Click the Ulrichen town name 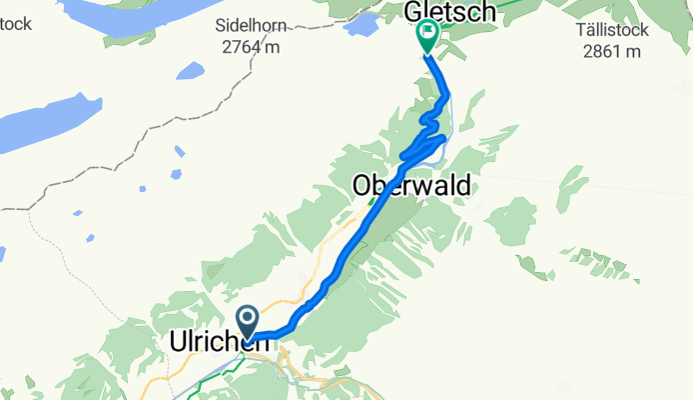coord(212,343)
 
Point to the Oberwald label coord(410,186)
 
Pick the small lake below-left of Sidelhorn coord(189,71)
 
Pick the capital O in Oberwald coord(362,186)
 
